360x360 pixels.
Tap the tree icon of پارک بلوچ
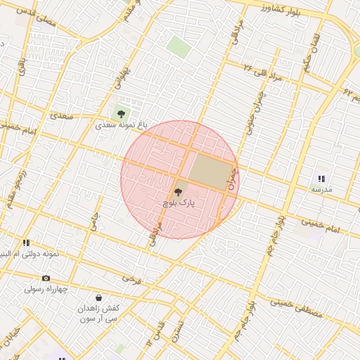pyautogui.click(x=176, y=191)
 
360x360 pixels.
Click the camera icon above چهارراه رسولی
pyautogui.click(x=46, y=278)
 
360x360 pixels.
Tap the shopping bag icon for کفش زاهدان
pyautogui.click(x=98, y=297)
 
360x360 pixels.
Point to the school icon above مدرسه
pyautogui.click(x=321, y=179)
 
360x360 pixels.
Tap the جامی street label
pyautogui.click(x=93, y=222)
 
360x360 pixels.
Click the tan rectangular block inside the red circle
pyautogui.click(x=211, y=169)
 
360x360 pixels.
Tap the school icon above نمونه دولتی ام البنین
pyautogui.click(x=26, y=243)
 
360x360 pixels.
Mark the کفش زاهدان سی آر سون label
pyautogui.click(x=99, y=314)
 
